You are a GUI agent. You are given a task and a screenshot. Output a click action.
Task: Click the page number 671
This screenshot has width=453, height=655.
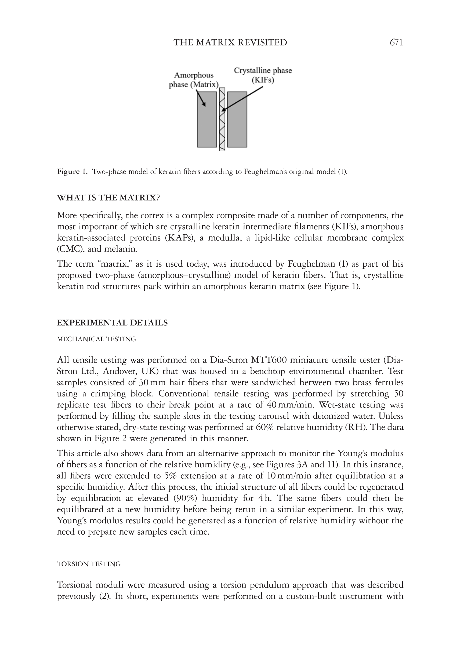(396, 43)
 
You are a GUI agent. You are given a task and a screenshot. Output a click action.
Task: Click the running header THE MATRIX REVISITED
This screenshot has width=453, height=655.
(230, 43)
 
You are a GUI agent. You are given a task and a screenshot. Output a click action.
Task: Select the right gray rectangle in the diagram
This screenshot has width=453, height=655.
(237, 119)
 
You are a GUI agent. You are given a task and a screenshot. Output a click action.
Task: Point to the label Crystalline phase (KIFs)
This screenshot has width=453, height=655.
(263, 75)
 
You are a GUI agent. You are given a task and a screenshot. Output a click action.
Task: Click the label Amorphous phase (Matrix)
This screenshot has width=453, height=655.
(194, 80)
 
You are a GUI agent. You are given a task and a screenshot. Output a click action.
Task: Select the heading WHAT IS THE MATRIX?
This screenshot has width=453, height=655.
(108, 198)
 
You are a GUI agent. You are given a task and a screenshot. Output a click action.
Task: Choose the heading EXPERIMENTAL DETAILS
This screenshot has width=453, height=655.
(112, 323)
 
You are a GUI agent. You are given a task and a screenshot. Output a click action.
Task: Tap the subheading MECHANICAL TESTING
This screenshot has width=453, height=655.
(96, 339)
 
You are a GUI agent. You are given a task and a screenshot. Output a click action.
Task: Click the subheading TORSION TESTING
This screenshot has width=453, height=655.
(89, 564)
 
